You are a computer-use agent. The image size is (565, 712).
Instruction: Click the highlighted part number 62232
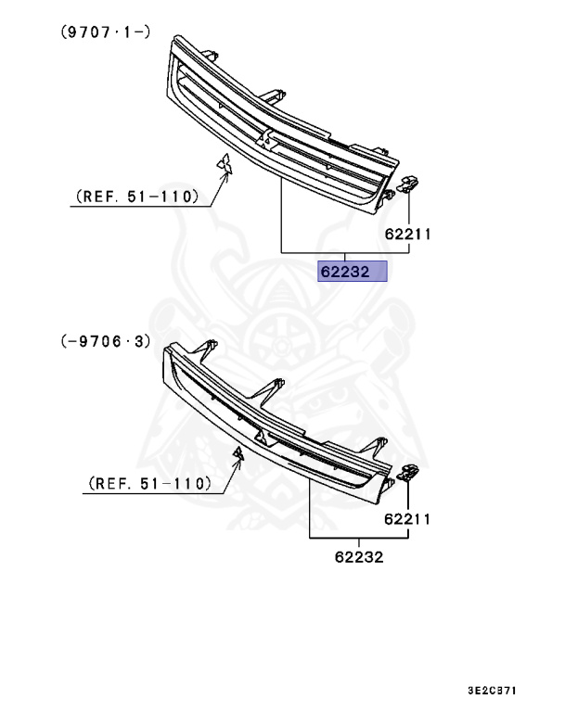351,273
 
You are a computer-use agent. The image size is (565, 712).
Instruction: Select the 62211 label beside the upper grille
408,235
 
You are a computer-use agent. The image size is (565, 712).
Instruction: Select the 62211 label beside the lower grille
408,519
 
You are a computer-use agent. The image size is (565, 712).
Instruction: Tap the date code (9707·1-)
105,30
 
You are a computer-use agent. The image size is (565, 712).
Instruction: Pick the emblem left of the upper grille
225,164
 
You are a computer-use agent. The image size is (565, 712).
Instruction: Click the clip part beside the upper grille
408,183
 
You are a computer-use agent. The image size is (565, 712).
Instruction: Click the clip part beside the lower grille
407,473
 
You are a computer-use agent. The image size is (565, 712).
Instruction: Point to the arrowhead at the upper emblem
225,179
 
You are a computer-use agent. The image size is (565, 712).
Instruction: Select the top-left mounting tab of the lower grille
211,351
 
